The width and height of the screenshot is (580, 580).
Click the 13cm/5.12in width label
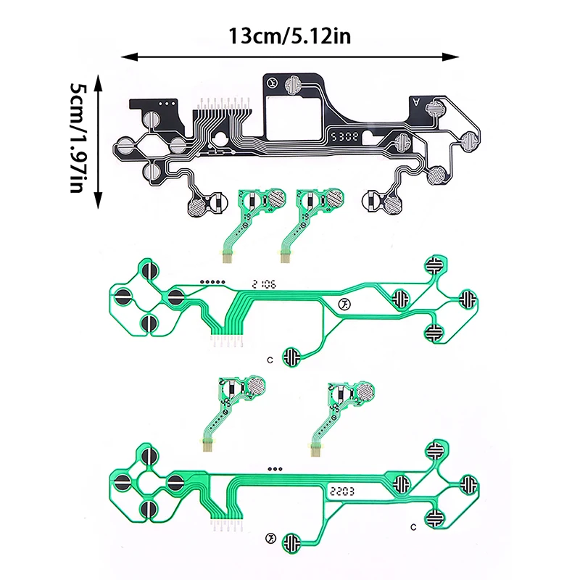point(289,35)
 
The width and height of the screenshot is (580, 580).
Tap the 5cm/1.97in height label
point(78,138)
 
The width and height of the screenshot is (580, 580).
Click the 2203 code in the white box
point(341,490)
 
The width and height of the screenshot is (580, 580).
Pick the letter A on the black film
point(415,102)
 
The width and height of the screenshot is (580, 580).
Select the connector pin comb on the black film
point(219,105)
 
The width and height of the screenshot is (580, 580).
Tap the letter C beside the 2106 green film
point(270,359)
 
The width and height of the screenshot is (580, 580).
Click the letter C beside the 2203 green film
point(413,524)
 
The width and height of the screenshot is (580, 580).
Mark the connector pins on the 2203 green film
point(229,526)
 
